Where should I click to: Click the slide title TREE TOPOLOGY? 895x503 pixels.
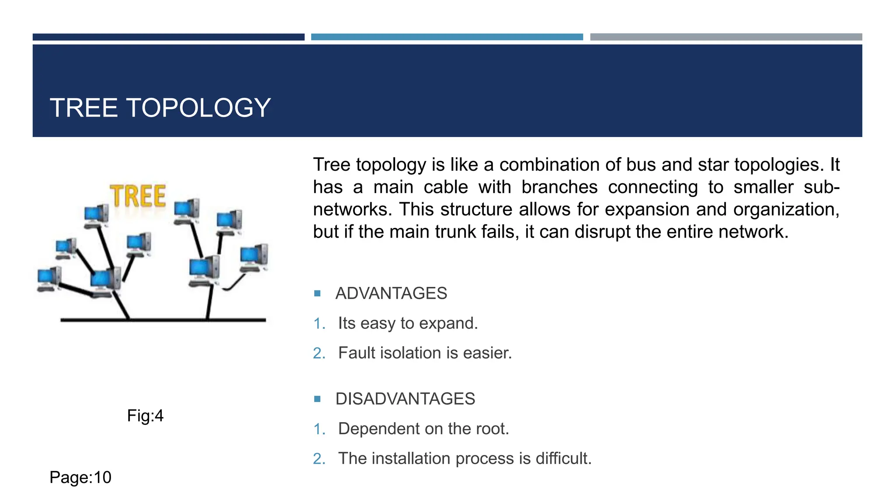tap(160, 108)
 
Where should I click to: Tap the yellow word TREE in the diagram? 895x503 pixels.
tap(138, 196)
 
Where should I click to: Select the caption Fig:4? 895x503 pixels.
tap(145, 416)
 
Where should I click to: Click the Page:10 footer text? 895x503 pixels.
tap(80, 477)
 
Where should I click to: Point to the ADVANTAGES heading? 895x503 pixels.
tap(391, 293)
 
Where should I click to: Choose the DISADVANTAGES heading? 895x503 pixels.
tap(405, 399)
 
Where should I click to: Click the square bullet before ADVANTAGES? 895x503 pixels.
tap(318, 293)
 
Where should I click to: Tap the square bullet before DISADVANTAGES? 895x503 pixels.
tap(318, 399)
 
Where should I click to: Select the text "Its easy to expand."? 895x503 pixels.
tap(408, 324)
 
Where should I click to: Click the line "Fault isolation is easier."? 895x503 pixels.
tap(425, 353)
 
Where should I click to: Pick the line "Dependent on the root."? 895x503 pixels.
tap(423, 429)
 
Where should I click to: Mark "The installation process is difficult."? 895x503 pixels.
tap(465, 459)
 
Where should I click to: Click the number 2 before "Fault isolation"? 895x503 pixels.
tap(319, 353)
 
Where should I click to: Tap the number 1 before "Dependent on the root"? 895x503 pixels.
tap(319, 429)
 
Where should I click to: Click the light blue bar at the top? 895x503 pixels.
tap(447, 37)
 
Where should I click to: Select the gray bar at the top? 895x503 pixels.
tap(726, 37)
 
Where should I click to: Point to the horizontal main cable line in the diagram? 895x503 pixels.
tap(166, 320)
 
